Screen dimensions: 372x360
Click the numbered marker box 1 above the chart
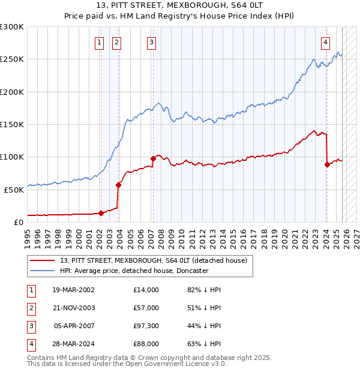(99, 42)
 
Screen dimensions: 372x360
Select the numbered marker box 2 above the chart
(116, 42)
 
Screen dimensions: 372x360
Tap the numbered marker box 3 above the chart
(151, 42)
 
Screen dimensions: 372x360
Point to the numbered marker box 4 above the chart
(325, 42)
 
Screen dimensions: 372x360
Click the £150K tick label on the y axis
(11, 124)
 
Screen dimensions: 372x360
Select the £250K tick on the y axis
(11, 59)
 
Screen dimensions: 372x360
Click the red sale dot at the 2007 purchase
(153, 159)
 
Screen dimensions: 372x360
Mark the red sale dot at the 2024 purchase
(327, 164)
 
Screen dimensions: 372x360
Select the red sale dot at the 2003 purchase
(118, 185)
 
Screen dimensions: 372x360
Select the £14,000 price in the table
(147, 290)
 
